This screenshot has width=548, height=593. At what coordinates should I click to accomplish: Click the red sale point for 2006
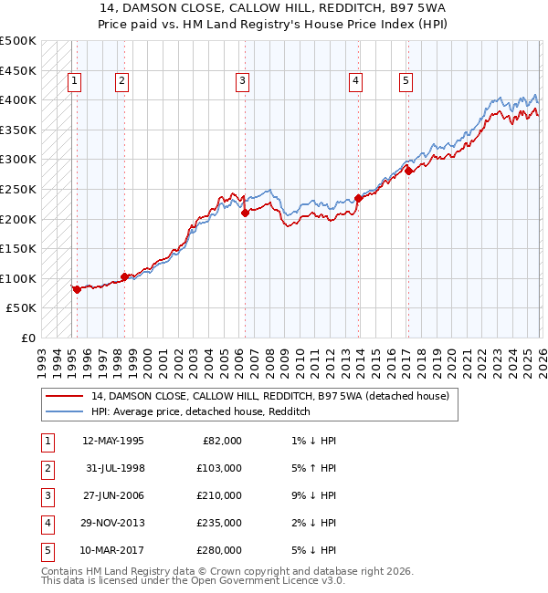click(245, 213)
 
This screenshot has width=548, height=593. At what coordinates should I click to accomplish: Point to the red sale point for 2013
click(358, 197)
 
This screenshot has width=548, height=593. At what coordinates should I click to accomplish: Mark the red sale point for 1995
click(77, 289)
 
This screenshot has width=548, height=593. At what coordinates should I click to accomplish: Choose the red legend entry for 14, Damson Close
click(269, 397)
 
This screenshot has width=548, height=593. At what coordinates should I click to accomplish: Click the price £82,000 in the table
click(220, 441)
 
